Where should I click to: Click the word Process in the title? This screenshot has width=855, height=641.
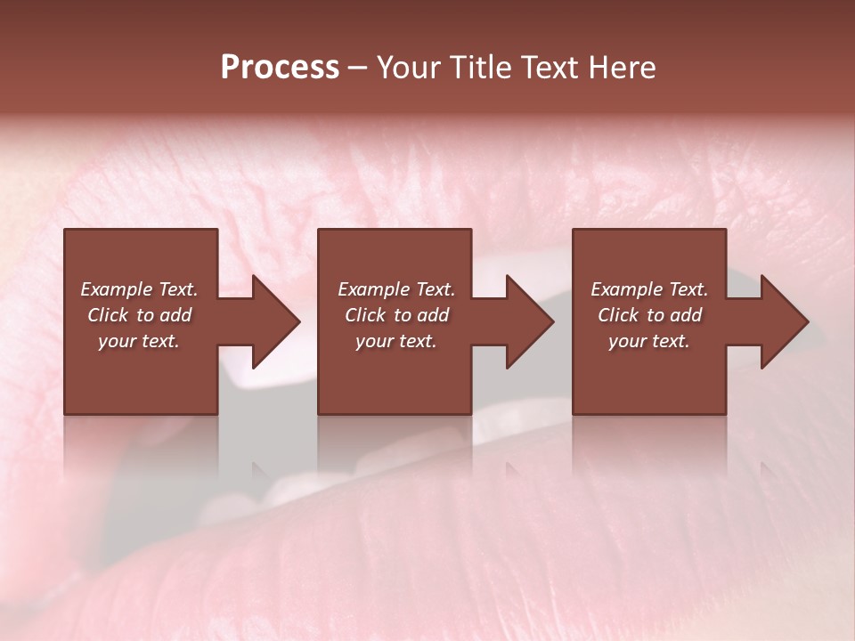tap(280, 68)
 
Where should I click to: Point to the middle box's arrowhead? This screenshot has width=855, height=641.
tap(528, 321)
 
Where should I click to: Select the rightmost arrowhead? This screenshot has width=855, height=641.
tap(783, 321)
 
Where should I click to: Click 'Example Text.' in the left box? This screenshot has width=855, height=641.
tap(140, 289)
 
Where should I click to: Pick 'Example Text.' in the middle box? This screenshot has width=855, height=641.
tap(396, 289)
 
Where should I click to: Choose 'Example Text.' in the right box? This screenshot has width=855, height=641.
tap(649, 289)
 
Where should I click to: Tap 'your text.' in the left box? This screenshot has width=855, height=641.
tap(139, 341)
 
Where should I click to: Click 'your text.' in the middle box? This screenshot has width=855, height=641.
tap(395, 341)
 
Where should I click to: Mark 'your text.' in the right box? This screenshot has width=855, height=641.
tap(648, 341)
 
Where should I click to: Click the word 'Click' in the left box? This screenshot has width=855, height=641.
tap(108, 315)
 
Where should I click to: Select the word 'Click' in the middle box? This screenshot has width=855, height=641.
tap(365, 315)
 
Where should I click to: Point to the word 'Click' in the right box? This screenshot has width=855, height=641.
tap(618, 315)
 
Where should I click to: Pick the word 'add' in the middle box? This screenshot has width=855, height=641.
tap(432, 315)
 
